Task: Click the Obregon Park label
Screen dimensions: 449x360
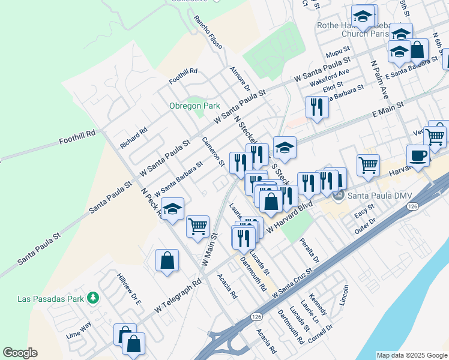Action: coord(194,106)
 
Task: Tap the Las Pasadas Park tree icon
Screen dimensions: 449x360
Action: coord(92,297)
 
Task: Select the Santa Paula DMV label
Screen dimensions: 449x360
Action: coord(370,196)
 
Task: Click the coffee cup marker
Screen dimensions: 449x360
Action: coord(418,155)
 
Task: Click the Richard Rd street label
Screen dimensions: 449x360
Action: coord(133,137)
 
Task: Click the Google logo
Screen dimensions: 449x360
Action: coord(20,353)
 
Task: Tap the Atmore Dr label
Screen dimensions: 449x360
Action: coord(240,79)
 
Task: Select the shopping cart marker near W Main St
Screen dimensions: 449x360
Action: coord(197,226)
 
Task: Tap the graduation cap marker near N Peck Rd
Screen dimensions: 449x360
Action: coord(172,209)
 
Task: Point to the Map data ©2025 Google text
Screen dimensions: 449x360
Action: coord(411,355)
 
